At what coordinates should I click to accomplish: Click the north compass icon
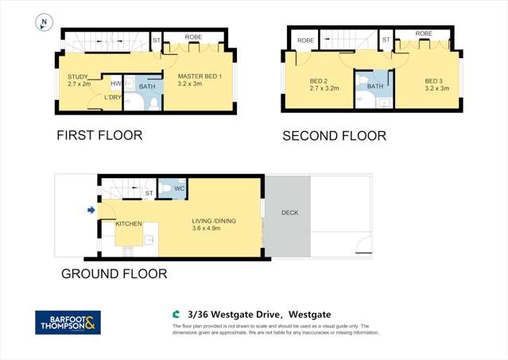[45, 23]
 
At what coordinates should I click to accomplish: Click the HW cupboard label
[116, 83]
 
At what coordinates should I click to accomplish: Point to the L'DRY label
[114, 98]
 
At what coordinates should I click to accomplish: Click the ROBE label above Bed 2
[305, 40]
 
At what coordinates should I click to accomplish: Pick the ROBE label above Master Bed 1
[193, 37]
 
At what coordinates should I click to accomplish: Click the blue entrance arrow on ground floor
[91, 210]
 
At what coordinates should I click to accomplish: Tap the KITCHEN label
[129, 224]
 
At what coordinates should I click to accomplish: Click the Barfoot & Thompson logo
[68, 322]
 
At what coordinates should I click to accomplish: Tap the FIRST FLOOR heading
[99, 135]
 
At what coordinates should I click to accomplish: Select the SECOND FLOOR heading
[335, 136]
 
